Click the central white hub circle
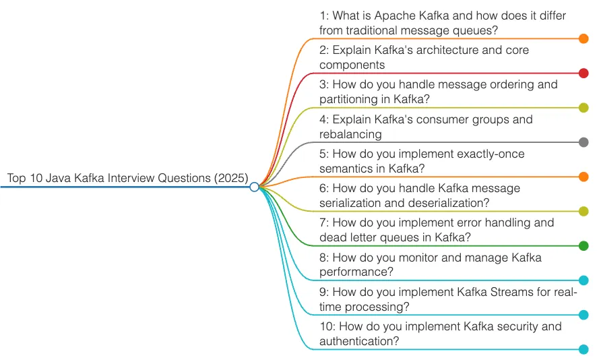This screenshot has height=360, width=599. coord(254,187)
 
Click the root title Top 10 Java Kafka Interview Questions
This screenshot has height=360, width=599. coord(127,178)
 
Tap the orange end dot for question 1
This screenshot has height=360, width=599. coord(584,39)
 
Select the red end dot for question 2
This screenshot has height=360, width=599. coord(584,73)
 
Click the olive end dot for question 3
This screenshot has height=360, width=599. coord(584,108)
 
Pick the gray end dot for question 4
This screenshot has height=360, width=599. coord(584,142)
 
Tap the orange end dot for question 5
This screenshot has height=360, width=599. coord(584,177)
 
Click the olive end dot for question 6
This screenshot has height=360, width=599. coord(584,212)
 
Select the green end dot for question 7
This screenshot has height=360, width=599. coord(584,246)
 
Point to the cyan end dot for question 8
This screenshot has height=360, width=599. coord(584,280)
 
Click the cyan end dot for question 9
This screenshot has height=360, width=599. coord(584,315)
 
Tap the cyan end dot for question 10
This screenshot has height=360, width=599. coord(584,349)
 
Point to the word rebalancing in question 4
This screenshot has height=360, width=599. coord(350,134)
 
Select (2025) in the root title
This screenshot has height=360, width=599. coord(232,178)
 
